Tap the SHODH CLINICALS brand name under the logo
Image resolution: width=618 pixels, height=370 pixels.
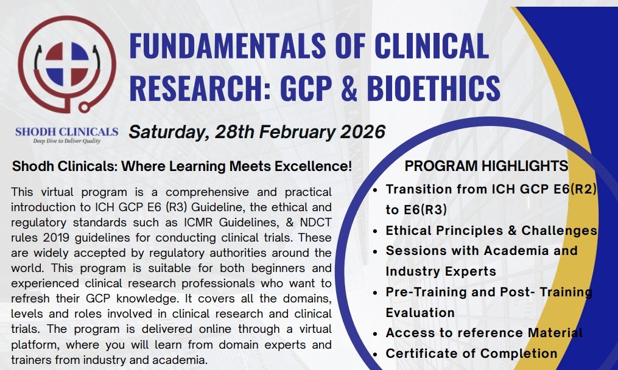[67, 132]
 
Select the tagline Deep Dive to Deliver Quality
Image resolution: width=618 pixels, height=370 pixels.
[66, 141]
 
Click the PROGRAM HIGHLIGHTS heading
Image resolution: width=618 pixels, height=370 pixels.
[486, 166]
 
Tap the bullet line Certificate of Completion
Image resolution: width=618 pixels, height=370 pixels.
[471, 354]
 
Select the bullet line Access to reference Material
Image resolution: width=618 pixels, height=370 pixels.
[484, 333]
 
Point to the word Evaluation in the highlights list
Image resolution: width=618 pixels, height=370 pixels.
[420, 313]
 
